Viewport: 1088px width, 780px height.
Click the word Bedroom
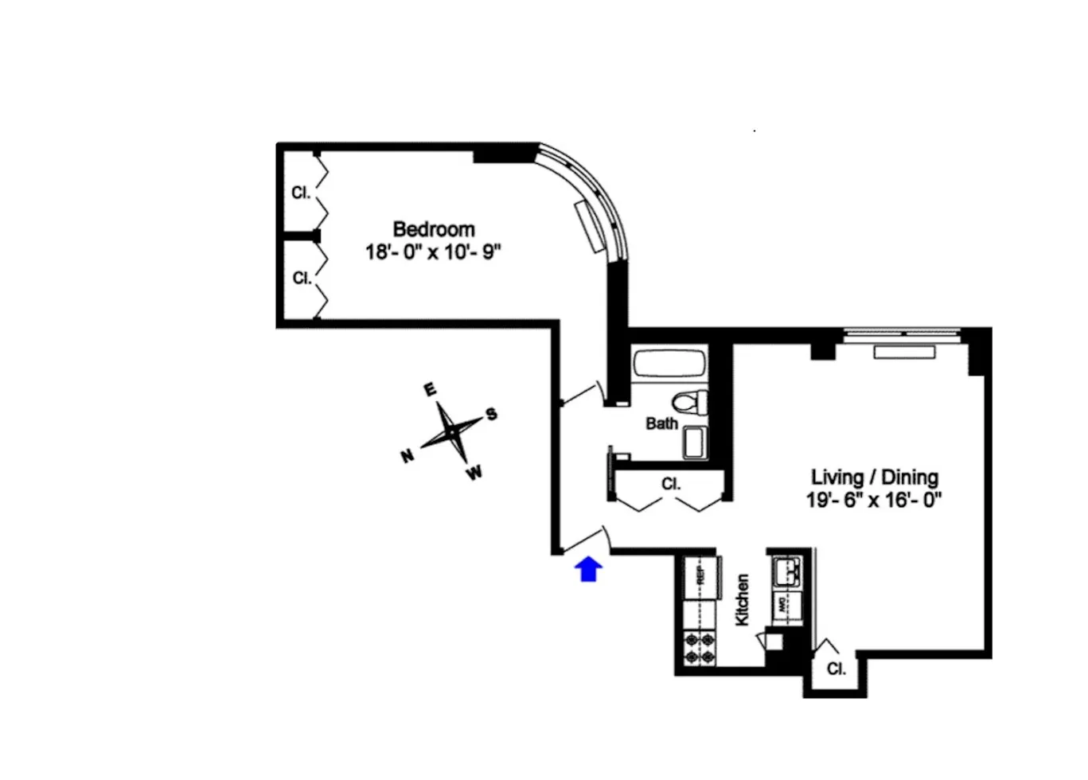pos(433,230)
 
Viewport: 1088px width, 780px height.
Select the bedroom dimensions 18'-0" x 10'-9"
pos(433,252)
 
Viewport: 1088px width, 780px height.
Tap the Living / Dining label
pos(874,478)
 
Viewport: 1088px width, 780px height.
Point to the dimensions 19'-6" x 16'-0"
pos(874,501)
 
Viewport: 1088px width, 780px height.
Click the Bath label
pos(661,424)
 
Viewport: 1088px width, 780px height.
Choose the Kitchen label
pos(742,600)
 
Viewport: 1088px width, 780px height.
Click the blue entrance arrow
pos(588,569)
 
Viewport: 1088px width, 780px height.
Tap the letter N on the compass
pos(407,457)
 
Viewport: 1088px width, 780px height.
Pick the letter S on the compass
pos(492,414)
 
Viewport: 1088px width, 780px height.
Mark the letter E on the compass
pos(430,390)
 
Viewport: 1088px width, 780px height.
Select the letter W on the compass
pos(474,474)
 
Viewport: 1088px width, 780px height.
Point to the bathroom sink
pos(695,443)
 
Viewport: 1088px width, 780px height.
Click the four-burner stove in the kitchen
pos(698,647)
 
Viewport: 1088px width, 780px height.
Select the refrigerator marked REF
pos(700,575)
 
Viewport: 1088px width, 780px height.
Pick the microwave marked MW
pos(783,603)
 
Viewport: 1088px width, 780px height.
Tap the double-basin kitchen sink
pos(787,571)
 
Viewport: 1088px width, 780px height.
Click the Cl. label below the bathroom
pos(670,484)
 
